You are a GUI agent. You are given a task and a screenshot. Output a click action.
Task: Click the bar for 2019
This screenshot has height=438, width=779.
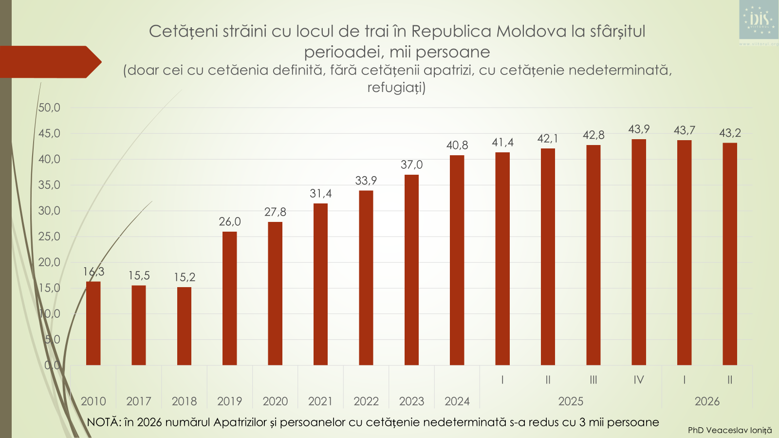tap(229, 298)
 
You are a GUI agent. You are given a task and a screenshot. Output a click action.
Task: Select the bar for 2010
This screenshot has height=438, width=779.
tap(93, 323)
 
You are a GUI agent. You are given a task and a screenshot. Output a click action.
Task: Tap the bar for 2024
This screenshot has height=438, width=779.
tap(457, 260)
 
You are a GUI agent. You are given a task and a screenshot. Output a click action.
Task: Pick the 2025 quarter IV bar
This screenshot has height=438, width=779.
tap(639, 252)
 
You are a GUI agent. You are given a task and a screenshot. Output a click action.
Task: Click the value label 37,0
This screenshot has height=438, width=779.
tap(411, 164)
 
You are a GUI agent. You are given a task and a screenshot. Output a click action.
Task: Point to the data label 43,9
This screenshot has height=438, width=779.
tap(639, 129)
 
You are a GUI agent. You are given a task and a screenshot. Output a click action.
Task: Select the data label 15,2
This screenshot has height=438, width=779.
tap(185, 277)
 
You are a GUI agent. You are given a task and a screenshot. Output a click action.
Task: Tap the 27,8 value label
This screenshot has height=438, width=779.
tap(275, 212)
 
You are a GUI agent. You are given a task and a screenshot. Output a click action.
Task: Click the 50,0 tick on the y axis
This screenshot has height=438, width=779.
tap(49, 108)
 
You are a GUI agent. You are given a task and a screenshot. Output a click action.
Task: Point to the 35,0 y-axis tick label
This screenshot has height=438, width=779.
tap(49, 185)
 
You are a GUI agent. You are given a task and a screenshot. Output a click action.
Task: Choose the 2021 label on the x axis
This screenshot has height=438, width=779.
tap(320, 401)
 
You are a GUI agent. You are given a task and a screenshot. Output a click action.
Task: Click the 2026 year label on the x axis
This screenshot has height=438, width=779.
tap(707, 401)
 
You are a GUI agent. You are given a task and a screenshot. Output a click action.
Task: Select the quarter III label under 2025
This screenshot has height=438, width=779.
tap(594, 380)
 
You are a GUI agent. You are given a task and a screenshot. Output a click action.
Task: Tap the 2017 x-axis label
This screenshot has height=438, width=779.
tap(138, 401)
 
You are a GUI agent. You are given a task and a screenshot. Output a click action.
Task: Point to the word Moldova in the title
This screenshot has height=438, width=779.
tap(531, 31)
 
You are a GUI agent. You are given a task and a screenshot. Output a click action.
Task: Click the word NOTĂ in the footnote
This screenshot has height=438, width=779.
tap(102, 421)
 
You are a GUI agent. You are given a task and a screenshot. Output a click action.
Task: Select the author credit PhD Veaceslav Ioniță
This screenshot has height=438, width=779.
tap(730, 430)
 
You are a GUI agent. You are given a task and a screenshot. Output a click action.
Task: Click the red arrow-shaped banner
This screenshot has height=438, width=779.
tap(51, 62)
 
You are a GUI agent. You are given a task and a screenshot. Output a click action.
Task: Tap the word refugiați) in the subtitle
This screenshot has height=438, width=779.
tap(396, 87)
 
